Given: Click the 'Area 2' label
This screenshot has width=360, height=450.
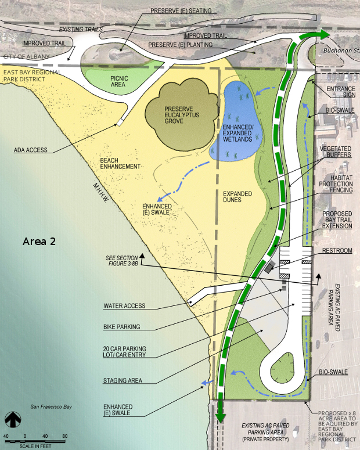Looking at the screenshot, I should tap(39, 241).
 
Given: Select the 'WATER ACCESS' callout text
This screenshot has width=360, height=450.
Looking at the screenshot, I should tap(124, 306).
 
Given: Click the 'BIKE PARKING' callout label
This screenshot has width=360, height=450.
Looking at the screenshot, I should tap(122, 327).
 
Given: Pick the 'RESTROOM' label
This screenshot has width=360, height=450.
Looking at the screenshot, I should tap(337, 251).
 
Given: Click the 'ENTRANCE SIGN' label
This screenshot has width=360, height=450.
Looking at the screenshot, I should tap(339, 91).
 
